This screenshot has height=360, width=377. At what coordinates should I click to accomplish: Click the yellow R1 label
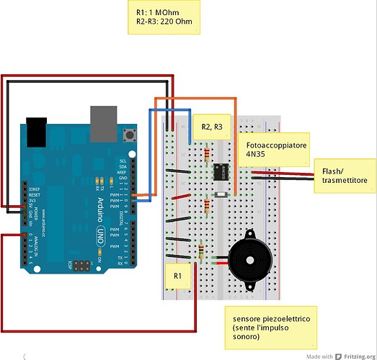[179, 275]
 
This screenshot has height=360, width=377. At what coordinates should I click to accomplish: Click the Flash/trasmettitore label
[343, 176]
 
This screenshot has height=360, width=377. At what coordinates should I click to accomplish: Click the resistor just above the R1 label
[200, 252]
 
